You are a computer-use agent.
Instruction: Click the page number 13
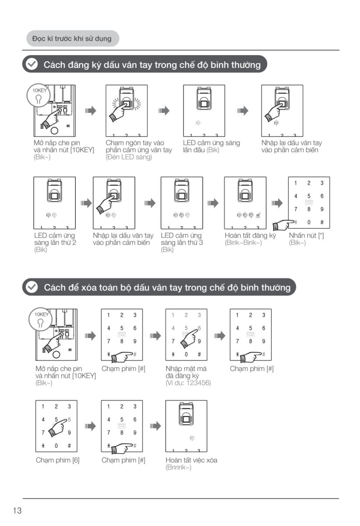pyautogui.click(x=17, y=511)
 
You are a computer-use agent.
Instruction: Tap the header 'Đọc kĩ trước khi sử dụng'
pyautogui.click(x=72, y=39)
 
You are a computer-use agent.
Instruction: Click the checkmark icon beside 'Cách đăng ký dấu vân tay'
pyautogui.click(x=32, y=64)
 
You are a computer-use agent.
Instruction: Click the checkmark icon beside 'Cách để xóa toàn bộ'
pyautogui.click(x=32, y=287)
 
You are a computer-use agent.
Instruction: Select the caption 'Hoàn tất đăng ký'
pyautogui.click(x=250, y=235)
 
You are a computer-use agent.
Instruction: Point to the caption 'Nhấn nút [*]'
pyautogui.click(x=306, y=235)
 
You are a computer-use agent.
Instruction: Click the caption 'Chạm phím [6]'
pyautogui.click(x=57, y=460)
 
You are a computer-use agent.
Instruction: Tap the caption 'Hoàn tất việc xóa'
pyautogui.click(x=191, y=460)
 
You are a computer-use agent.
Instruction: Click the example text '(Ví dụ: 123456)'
pyautogui.click(x=188, y=383)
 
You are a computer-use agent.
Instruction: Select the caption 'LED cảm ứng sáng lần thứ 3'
pyautogui.click(x=182, y=239)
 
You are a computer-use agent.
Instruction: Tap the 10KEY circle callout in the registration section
pyautogui.click(x=39, y=96)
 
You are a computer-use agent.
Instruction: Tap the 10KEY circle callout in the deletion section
pyautogui.click(x=41, y=320)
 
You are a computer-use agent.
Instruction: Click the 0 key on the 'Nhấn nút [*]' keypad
pyautogui.click(x=309, y=222)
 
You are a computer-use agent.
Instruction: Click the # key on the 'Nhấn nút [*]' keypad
pyautogui.click(x=322, y=222)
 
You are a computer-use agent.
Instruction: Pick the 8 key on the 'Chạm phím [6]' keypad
pyautogui.click(x=56, y=433)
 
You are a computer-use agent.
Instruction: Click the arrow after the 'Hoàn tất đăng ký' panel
pyautogui.click(x=277, y=203)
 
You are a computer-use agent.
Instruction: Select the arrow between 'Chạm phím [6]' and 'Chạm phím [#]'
pyautogui.click(x=90, y=426)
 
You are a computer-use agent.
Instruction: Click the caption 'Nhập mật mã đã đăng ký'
pyautogui.click(x=186, y=372)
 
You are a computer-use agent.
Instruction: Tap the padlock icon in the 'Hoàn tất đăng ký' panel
pyautogui.click(x=258, y=215)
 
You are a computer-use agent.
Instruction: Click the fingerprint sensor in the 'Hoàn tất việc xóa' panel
pyautogui.click(x=186, y=414)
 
